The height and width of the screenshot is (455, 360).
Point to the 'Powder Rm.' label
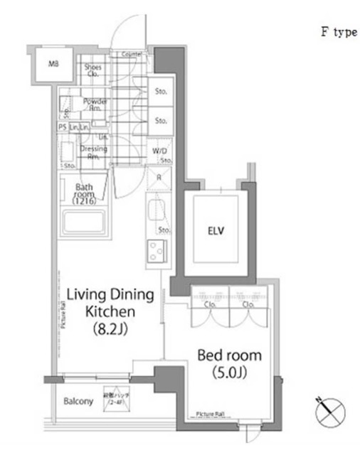[95, 105]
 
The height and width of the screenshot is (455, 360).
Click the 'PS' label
[62, 126]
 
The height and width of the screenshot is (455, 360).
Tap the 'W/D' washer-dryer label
[160, 151]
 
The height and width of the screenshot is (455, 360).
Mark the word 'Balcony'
[79, 401]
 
